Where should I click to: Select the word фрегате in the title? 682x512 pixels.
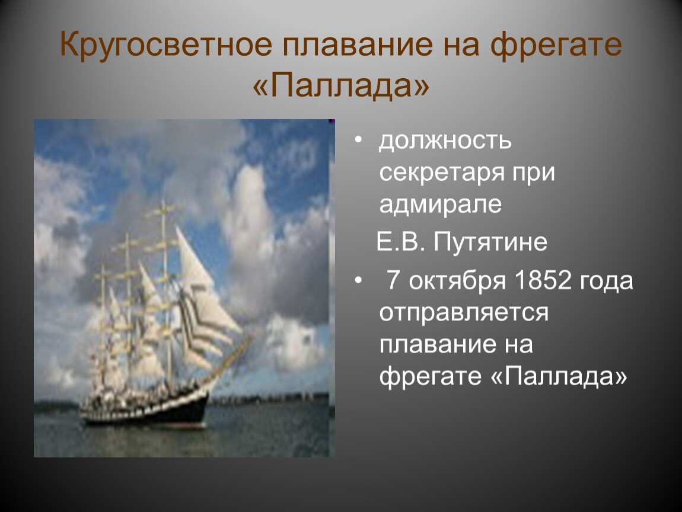pyautogui.click(x=556, y=45)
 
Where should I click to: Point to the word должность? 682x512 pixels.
pyautogui.click(x=445, y=141)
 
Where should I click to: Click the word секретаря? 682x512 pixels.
pyautogui.click(x=442, y=173)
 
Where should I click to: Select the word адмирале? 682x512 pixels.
pyautogui.click(x=441, y=204)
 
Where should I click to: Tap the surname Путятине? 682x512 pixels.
pyautogui.click(x=490, y=242)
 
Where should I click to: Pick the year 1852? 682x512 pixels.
pyautogui.click(x=543, y=280)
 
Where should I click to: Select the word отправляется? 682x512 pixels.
pyautogui.click(x=464, y=313)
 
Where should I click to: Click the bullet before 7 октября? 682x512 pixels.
pyautogui.click(x=358, y=280)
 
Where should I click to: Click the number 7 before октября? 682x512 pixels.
pyautogui.click(x=393, y=280)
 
